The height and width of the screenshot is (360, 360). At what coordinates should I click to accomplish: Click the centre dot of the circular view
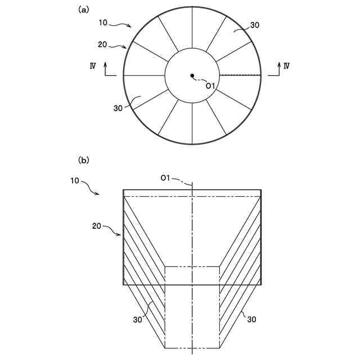point(192,75)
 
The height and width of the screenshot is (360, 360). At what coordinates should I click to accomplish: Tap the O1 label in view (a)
point(210,86)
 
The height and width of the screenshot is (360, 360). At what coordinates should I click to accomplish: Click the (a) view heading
point(83,9)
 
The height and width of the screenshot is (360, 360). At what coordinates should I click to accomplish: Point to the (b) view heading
point(83,160)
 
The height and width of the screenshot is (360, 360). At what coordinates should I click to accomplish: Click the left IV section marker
point(92,66)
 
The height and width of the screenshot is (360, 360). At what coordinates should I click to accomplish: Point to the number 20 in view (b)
point(97,226)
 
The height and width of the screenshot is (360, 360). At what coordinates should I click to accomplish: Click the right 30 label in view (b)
point(251,319)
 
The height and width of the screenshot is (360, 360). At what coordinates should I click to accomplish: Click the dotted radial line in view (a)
point(240,75)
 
